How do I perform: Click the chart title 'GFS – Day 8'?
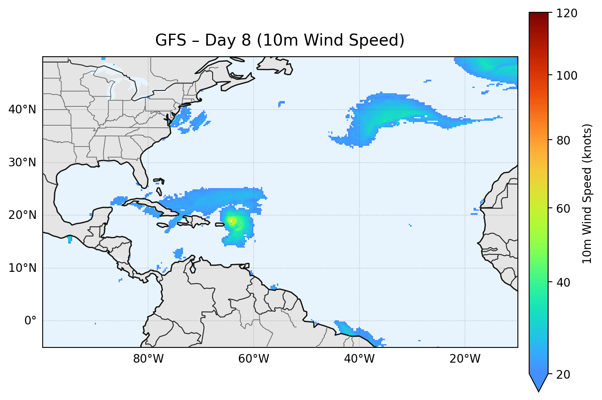(x=279, y=40)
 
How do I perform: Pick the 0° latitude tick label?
(x=30, y=321)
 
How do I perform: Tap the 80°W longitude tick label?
(x=148, y=359)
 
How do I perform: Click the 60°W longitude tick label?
(x=254, y=359)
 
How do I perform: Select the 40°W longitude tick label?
(x=359, y=359)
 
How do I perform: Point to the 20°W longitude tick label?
(x=465, y=359)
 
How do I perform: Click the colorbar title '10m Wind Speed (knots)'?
(x=587, y=193)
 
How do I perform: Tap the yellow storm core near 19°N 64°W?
(x=232, y=221)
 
